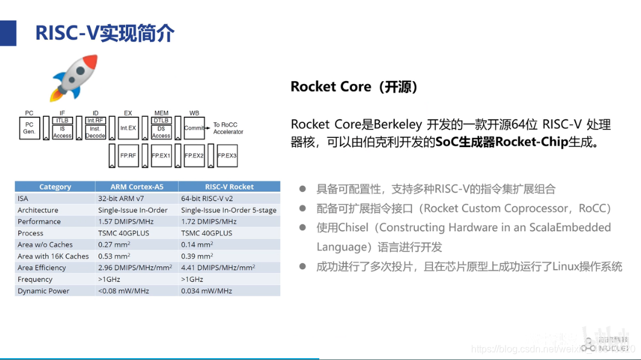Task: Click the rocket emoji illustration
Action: pos(74,78)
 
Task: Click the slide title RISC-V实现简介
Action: pos(105,33)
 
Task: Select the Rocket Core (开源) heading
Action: pos(354,87)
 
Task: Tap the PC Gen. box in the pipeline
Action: pos(30,128)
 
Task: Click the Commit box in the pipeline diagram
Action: pos(194,128)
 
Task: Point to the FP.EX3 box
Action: pos(227,155)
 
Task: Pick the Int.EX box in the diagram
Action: pos(128,128)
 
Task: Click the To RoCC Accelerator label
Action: pos(228,128)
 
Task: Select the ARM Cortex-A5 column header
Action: pos(137,187)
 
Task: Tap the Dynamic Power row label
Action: pos(43,291)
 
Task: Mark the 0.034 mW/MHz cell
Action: pos(206,291)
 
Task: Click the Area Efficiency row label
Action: pos(42,267)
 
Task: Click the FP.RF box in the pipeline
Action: pos(128,155)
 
